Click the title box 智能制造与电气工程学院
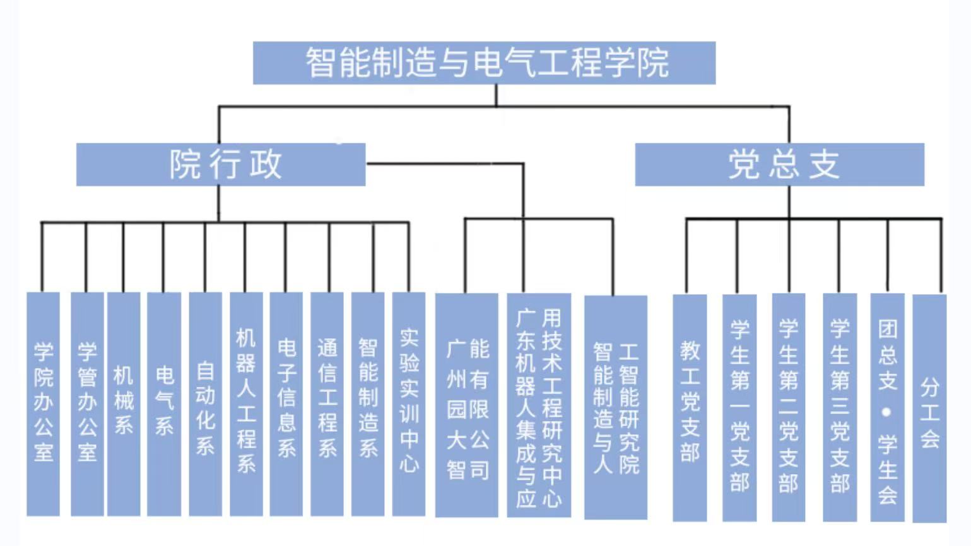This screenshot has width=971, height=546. [484, 63]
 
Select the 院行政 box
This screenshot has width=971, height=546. [221, 165]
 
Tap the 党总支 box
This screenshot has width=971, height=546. [779, 165]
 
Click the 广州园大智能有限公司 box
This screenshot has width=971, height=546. [467, 405]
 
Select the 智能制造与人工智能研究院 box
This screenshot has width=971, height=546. [616, 407]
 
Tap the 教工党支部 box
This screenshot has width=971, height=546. [690, 407]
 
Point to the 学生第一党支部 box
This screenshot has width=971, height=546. [739, 407]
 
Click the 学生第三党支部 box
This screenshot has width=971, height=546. [840, 407]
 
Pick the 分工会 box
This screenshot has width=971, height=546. [929, 407]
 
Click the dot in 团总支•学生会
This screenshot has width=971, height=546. [887, 412]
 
